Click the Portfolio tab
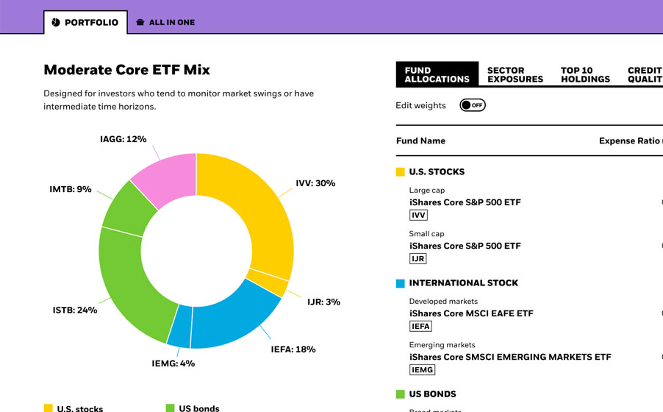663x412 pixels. coord(85,22)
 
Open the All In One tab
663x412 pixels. coord(165,22)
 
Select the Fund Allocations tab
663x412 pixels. coord(437,75)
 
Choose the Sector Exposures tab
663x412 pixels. coord(515,75)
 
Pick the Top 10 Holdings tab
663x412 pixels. coord(585,75)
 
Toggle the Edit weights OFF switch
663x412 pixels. coord(473,105)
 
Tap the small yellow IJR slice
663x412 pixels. coord(276,283)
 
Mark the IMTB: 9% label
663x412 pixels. coord(71,189)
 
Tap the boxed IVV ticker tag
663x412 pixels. coord(418,215)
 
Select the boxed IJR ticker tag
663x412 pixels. coord(418,258)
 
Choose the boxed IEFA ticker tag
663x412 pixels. coord(420,326)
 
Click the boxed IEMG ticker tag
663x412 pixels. coord(422,369)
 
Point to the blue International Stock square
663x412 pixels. coord(401,283)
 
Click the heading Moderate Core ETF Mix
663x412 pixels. coord(126,70)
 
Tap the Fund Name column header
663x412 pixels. coord(420,141)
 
